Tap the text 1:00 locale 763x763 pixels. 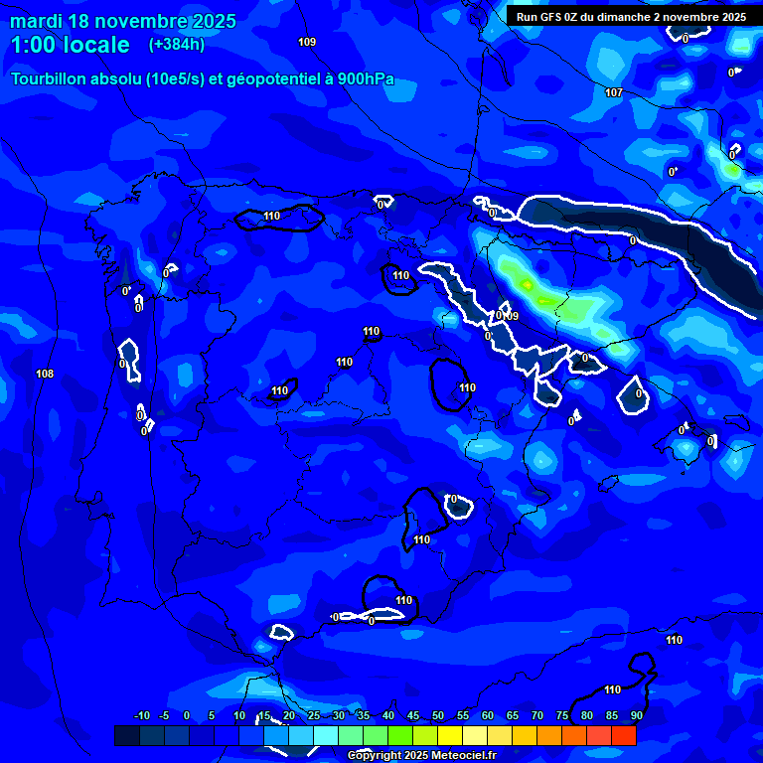tap(71, 45)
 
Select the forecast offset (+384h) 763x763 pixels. tap(176, 45)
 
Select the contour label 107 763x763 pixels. tap(613, 92)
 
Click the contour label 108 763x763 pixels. tap(45, 374)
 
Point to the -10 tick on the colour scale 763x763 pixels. tap(141, 716)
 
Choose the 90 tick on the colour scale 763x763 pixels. tap(636, 716)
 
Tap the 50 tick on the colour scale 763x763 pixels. tap(437, 716)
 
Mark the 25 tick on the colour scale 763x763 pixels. tap(313, 716)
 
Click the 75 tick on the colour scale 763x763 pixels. tap(561, 716)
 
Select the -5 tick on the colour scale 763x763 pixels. tap(164, 716)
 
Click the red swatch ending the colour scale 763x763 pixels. tap(624, 735)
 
